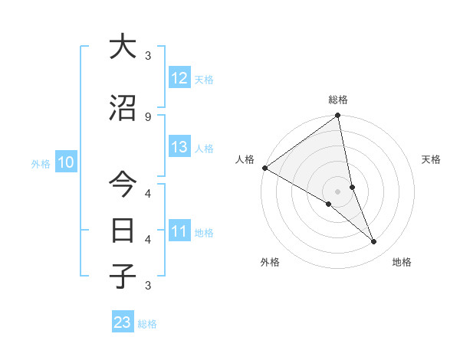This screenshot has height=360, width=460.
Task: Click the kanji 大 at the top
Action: coord(123,47)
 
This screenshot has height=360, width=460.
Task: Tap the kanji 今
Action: coord(123,185)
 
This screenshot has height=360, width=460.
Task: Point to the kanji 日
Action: coord(123,230)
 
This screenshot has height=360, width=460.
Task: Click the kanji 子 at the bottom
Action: coord(123,276)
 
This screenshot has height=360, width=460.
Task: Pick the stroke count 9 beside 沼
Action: coord(148,116)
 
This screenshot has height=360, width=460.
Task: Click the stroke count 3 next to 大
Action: coord(148,56)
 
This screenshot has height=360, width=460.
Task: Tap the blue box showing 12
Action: coord(179,78)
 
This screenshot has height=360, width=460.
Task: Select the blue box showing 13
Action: coord(179,147)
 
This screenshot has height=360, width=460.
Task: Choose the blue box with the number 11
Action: coord(179,231)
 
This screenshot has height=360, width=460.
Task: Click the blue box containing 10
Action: coord(65,162)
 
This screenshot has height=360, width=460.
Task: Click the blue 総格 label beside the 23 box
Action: coord(148,325)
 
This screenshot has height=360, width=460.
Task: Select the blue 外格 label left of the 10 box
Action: coord(41,164)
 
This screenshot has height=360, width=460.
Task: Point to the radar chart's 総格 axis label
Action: coord(338,100)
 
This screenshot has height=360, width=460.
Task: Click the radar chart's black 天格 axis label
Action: coord(432,159)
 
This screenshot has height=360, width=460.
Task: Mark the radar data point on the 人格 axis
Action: coord(264,168)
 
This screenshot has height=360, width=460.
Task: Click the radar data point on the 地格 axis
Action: coord(374,242)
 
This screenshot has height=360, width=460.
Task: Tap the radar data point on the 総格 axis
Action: coord(338,116)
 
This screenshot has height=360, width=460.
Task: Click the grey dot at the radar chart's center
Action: coord(338,191)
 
